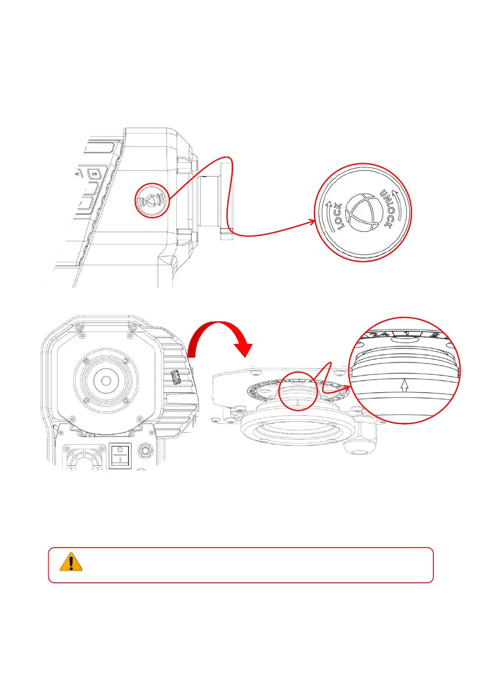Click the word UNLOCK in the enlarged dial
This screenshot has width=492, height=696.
[x=387, y=209]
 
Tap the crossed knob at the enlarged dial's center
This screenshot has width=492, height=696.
[x=362, y=212]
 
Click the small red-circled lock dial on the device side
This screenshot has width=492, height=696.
[x=152, y=200]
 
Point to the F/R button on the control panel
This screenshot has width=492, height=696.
[x=95, y=174]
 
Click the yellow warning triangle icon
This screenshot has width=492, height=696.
[x=71, y=562]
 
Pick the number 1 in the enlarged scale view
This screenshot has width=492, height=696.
[x=406, y=333]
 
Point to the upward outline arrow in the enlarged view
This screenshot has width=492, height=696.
[x=404, y=386]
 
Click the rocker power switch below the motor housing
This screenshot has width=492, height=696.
[x=119, y=455]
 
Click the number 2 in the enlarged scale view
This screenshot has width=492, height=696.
[x=433, y=335]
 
